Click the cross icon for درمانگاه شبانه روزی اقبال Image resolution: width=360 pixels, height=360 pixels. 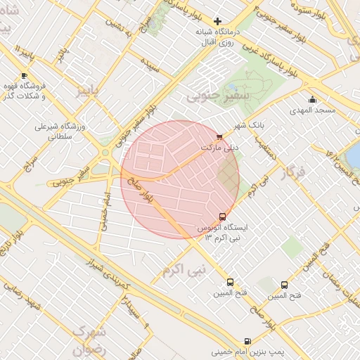218,22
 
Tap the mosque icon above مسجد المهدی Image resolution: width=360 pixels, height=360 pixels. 313,99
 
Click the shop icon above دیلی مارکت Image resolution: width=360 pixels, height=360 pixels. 220,137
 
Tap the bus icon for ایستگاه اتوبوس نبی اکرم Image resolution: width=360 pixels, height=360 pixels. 223,217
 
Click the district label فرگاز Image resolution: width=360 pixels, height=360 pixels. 293,172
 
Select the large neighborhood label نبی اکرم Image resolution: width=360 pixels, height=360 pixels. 184,269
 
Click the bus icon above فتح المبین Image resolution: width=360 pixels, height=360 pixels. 284,285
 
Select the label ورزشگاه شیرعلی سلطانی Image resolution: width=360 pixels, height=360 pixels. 60,131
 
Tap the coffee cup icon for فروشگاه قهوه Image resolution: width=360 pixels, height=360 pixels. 25,75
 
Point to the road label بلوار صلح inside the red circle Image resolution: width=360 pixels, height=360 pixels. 141,188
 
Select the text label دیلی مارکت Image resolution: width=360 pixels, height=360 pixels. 220,148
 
